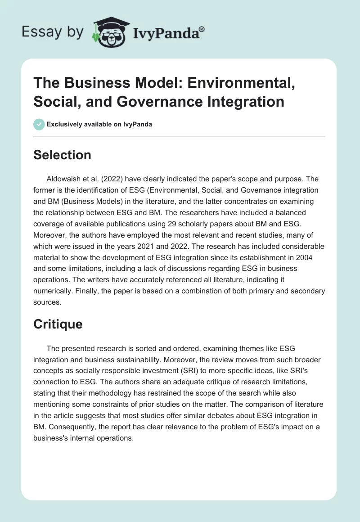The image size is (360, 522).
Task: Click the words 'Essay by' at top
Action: pos(54,32)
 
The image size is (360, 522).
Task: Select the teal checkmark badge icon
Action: pos(39,124)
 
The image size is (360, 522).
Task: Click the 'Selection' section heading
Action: pos(62,155)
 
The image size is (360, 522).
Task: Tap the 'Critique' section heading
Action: pos(58,324)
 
